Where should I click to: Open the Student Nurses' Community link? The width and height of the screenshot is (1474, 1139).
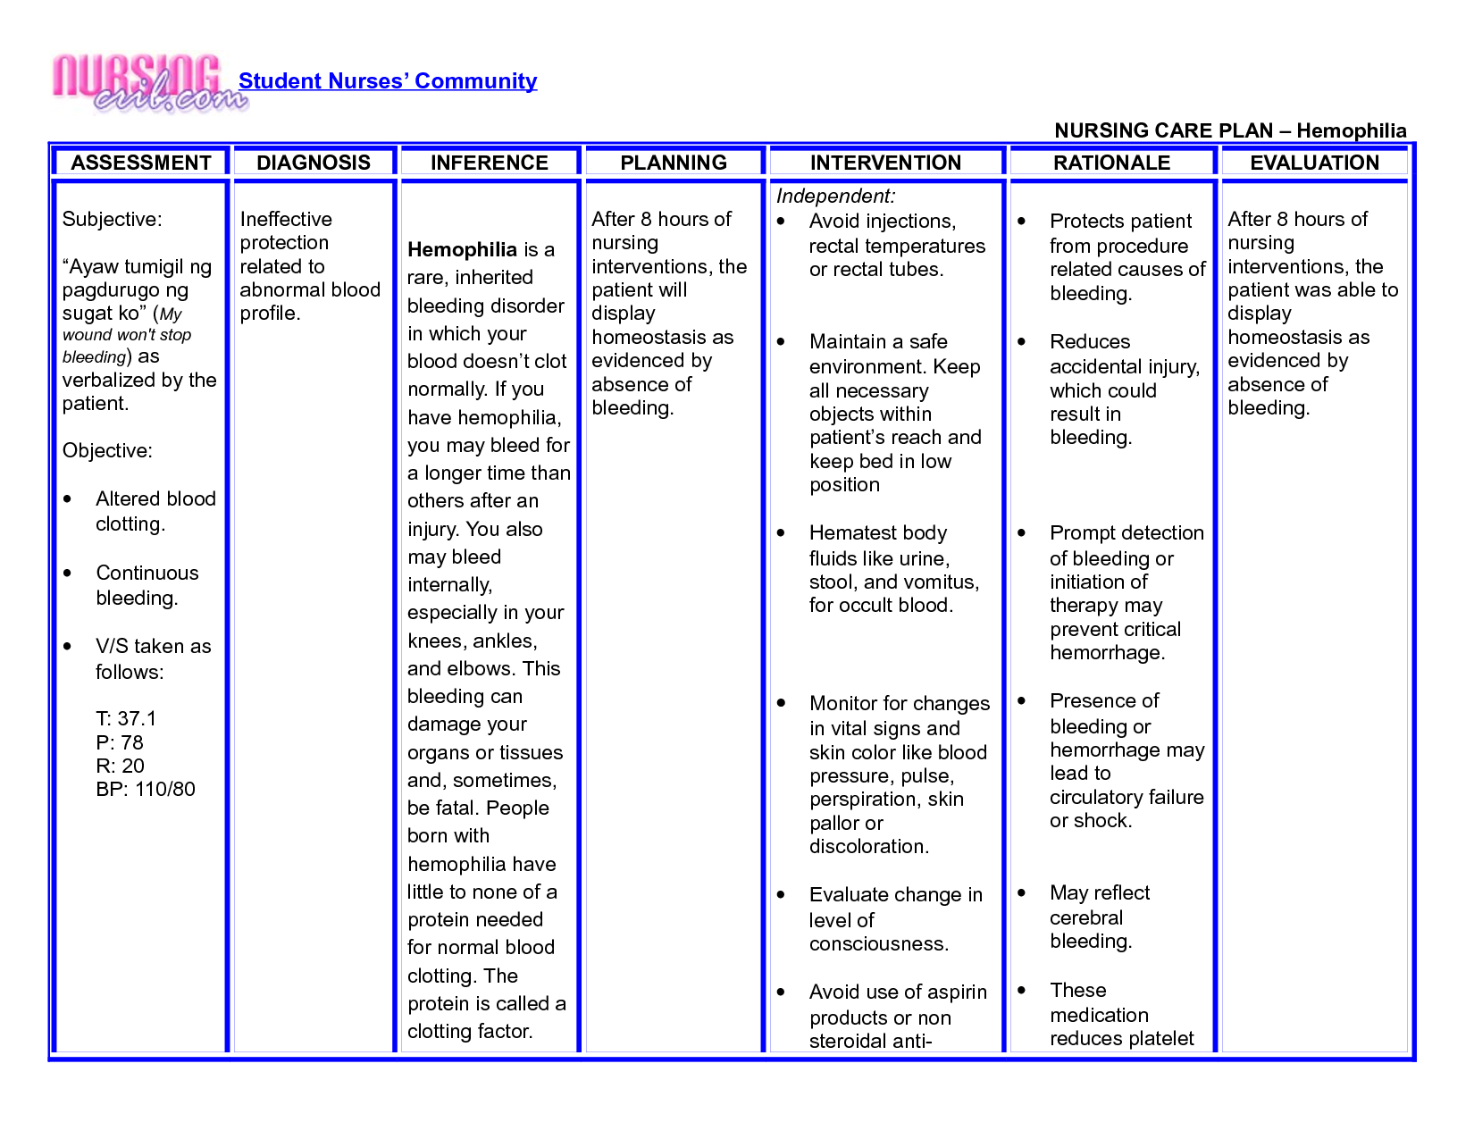(x=387, y=81)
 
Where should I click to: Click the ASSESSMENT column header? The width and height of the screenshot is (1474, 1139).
(x=141, y=163)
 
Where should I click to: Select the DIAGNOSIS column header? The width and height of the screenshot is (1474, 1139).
(x=313, y=163)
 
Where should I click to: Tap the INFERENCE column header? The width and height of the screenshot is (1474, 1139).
(x=489, y=163)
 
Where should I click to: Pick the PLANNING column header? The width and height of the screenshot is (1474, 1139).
(x=674, y=163)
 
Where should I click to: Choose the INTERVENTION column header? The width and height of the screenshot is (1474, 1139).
(x=885, y=163)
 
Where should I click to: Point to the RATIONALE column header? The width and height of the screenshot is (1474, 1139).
(x=1111, y=163)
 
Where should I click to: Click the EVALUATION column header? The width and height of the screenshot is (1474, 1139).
(x=1314, y=163)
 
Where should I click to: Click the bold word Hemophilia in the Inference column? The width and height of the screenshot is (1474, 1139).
(x=462, y=249)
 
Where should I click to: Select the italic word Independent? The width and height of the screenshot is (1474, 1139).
(x=834, y=197)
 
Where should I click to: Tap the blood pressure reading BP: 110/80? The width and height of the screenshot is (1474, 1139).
(x=145, y=790)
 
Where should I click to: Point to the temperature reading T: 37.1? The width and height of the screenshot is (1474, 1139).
(x=126, y=719)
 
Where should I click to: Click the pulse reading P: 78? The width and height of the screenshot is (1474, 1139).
(x=120, y=742)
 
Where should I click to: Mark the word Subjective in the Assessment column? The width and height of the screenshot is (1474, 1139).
(x=112, y=220)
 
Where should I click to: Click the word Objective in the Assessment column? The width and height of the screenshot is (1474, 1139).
(x=107, y=451)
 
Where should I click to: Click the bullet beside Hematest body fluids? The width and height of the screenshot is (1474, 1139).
(x=782, y=533)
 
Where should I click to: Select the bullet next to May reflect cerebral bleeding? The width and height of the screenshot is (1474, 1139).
(x=1022, y=893)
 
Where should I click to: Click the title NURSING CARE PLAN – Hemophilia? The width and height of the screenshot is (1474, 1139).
(x=1230, y=130)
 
